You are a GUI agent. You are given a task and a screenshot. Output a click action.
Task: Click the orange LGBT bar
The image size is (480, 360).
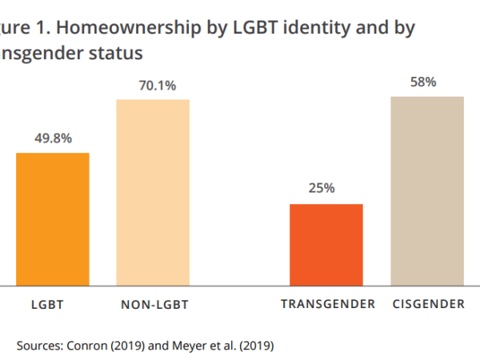coord(53,218)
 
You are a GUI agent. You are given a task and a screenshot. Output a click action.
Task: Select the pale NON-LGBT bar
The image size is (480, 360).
coord(153,192)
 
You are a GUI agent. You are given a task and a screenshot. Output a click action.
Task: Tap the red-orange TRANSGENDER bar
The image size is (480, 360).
coord(326,244)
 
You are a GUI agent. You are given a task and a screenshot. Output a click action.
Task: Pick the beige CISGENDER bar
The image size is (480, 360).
coord(427,190)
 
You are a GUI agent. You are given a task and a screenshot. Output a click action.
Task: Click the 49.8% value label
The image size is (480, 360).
coord(53,138)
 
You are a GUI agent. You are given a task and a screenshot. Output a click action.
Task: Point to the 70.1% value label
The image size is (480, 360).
coord(153,85)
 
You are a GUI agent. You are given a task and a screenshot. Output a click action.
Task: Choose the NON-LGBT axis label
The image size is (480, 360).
coord(154,305)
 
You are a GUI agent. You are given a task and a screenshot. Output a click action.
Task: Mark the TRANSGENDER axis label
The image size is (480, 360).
coord(328,305)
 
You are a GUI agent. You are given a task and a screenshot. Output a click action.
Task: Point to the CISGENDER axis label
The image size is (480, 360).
coord(429,305)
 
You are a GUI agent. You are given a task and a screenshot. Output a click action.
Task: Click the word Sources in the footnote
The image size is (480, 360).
coord(38,346)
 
